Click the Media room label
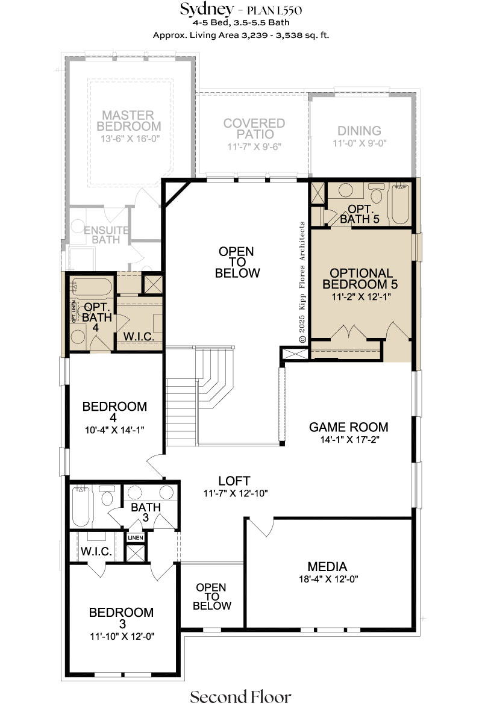pyautogui.click(x=328, y=566)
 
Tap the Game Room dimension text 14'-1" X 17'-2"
pyautogui.click(x=350, y=440)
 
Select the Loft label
pyautogui.click(x=234, y=481)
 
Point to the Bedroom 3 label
pyautogui.click(x=122, y=618)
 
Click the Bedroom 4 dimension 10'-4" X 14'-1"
pyautogui.click(x=114, y=430)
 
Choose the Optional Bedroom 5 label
pyautogui.click(x=361, y=279)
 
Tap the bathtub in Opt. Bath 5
pyautogui.click(x=400, y=203)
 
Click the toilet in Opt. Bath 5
pyautogui.click(x=376, y=193)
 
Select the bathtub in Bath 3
pyautogui.click(x=81, y=506)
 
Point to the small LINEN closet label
pyautogui.click(x=136, y=537)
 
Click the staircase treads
pyautogui.click(x=199, y=396)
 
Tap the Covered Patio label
pyautogui.click(x=254, y=128)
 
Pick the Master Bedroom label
pyautogui.click(x=129, y=120)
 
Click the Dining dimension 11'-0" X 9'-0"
pyautogui.click(x=360, y=143)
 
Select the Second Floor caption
pyautogui.click(x=240, y=696)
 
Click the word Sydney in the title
pyautogui.click(x=207, y=9)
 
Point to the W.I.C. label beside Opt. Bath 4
pyautogui.click(x=139, y=336)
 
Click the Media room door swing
pyautogui.click(x=261, y=527)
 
